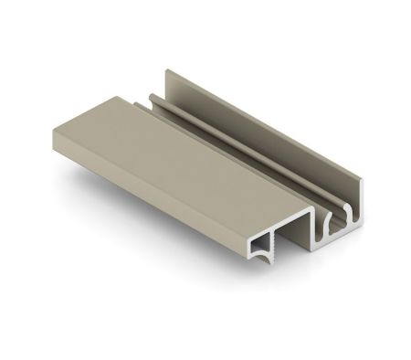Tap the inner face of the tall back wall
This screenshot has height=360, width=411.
(274, 155)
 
